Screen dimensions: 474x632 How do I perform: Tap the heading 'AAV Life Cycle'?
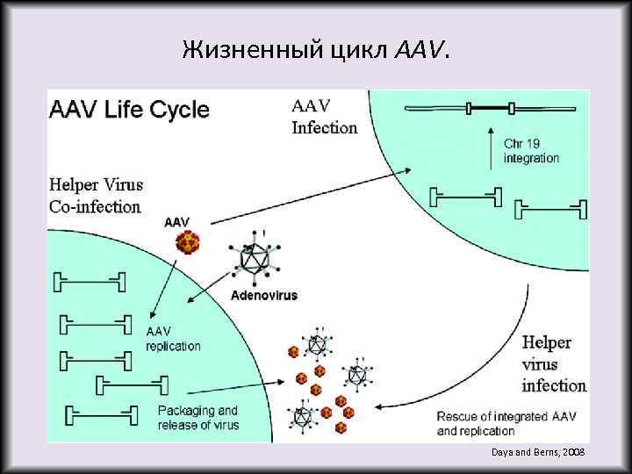[x=129, y=110]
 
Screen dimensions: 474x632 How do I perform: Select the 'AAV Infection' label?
[x=324, y=117]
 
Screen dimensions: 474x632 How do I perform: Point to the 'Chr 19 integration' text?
[x=531, y=150]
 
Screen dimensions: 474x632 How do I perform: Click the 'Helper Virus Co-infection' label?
[x=97, y=196]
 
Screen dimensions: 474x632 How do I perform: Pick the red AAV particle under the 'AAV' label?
[x=187, y=243]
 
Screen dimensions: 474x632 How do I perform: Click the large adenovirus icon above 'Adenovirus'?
[x=257, y=259]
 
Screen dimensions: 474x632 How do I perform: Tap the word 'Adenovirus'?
[x=263, y=296]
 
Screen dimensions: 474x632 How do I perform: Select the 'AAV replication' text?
[x=173, y=339]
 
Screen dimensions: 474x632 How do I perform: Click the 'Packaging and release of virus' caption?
[x=197, y=417]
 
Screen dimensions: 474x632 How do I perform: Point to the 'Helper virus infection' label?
[x=554, y=363]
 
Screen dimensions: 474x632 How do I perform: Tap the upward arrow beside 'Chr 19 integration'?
[x=488, y=148]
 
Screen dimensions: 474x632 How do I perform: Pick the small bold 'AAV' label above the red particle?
[x=176, y=222]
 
